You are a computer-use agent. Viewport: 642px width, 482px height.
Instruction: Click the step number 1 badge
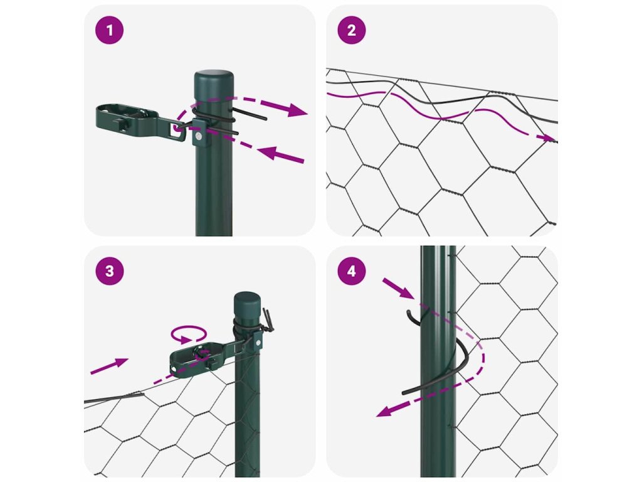coord(109,30)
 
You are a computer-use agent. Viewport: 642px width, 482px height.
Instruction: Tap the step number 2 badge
coord(352,30)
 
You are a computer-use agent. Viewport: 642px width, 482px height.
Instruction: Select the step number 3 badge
coord(109,271)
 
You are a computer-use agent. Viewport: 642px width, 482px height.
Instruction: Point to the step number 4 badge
coord(352,271)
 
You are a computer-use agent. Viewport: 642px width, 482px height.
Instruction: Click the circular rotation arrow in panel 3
coord(188,334)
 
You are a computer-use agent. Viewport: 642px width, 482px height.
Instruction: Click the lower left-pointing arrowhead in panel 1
coord(271,154)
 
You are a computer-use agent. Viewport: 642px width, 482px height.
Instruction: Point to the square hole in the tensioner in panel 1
coord(176,129)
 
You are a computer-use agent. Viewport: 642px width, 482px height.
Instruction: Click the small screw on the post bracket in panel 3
coord(258,341)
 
